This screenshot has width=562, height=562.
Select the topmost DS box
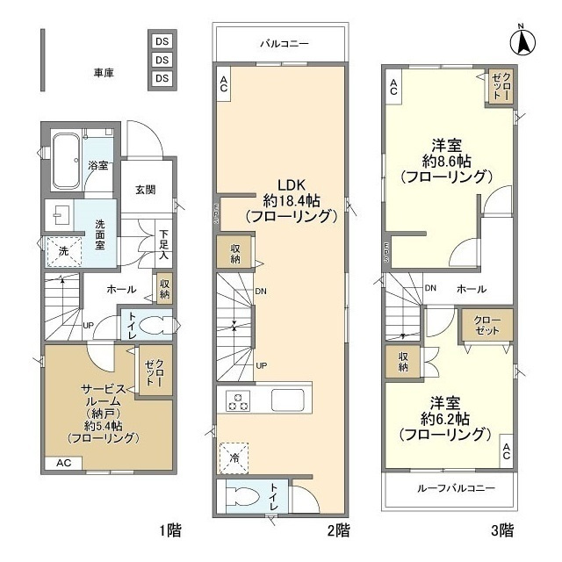[x=162, y=41]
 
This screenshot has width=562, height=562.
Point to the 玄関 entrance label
[x=146, y=190]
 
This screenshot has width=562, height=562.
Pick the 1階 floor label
[x=171, y=530]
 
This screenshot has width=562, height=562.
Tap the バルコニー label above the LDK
[x=282, y=42]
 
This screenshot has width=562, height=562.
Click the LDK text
[x=291, y=184]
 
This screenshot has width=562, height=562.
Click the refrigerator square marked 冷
[x=234, y=457]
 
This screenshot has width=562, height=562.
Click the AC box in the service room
[x=64, y=462]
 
